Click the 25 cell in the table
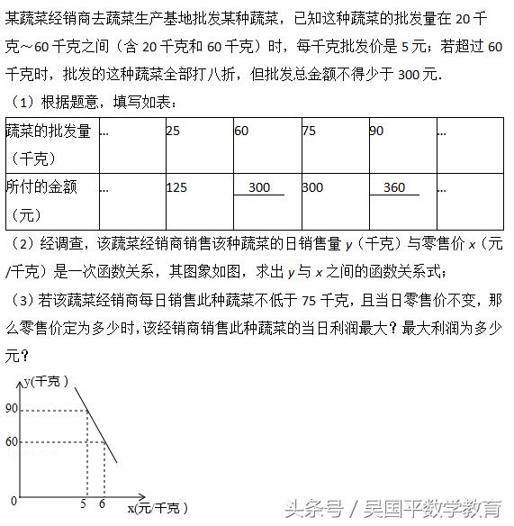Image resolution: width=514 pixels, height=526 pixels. click(x=174, y=131)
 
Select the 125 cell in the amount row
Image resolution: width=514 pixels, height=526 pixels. click(x=177, y=187)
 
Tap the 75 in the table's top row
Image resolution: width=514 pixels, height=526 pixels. click(x=309, y=131)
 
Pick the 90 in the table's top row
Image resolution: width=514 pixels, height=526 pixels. click(x=376, y=131)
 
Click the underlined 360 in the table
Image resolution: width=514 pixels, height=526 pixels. click(x=394, y=187)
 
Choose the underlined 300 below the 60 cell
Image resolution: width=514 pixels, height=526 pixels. click(x=259, y=187)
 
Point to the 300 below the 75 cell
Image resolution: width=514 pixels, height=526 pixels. click(x=312, y=187)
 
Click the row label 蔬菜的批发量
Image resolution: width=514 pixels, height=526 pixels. click(x=49, y=131)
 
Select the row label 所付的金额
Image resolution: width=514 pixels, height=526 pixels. click(x=49, y=187)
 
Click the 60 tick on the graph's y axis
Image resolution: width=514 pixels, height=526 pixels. click(x=11, y=442)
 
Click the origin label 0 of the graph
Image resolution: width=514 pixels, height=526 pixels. click(x=13, y=501)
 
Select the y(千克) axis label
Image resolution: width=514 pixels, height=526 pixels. click(x=45, y=382)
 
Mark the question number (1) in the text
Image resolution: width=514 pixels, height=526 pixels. click(x=23, y=104)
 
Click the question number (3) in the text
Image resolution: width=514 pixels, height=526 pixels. click(x=23, y=300)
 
